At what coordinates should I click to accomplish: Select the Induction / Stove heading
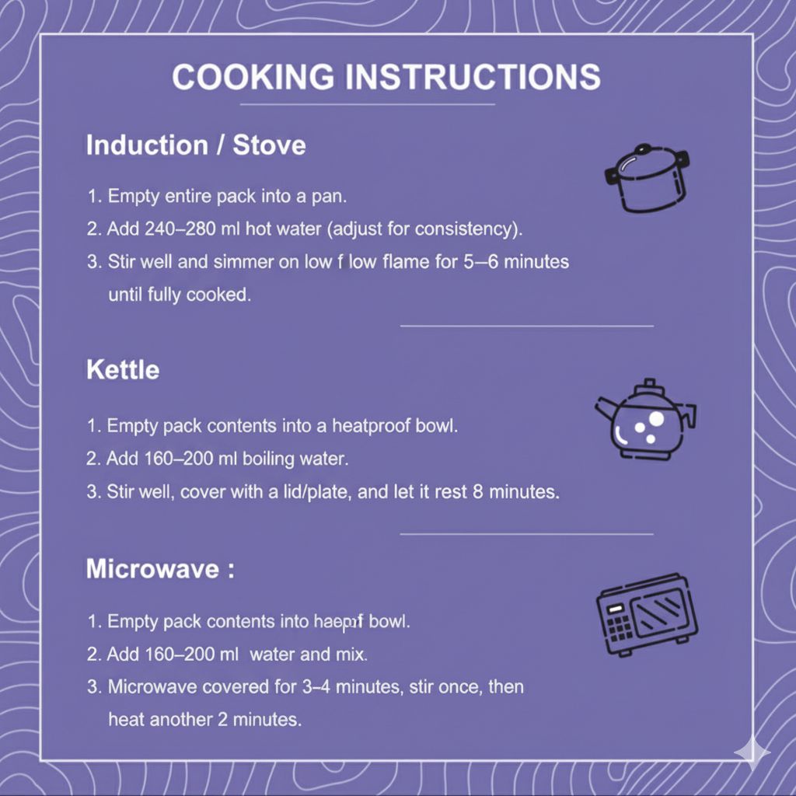195,145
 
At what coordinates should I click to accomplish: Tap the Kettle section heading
122,369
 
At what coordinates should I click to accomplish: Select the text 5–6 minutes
526,262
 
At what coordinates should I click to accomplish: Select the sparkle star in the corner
752,752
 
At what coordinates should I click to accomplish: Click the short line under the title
367,104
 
